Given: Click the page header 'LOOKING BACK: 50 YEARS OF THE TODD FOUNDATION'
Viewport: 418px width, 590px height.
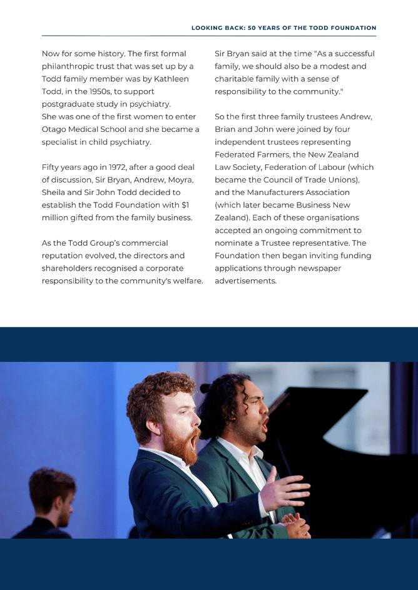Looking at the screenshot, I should pos(283,28).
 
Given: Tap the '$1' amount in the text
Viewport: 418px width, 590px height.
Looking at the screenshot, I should pos(185,205).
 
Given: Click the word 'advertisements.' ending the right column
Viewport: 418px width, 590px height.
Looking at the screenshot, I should pos(245,281).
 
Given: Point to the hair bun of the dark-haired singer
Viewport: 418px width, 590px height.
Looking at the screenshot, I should pos(205,388).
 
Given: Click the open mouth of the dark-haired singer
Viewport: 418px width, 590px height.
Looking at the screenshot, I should pos(265,424).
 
